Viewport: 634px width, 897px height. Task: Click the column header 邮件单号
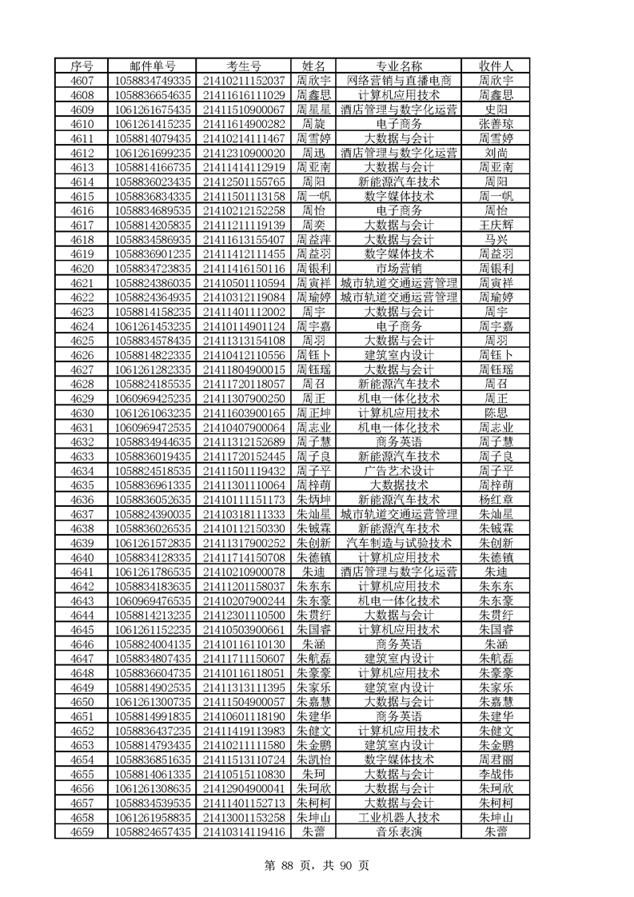pyautogui.click(x=153, y=66)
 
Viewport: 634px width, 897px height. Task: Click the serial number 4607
pyautogui.click(x=82, y=81)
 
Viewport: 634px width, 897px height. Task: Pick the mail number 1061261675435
pyautogui.click(x=153, y=110)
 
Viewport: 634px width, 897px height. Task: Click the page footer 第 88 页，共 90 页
pyautogui.click(x=317, y=865)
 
